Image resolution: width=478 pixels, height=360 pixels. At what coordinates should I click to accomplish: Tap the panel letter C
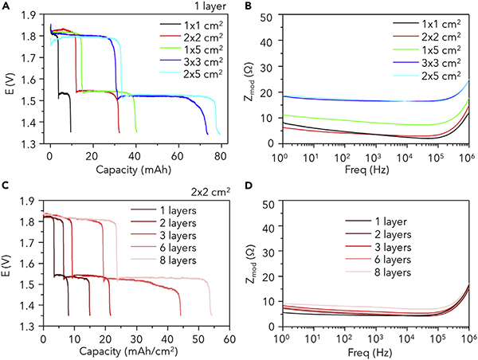tap(7, 186)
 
